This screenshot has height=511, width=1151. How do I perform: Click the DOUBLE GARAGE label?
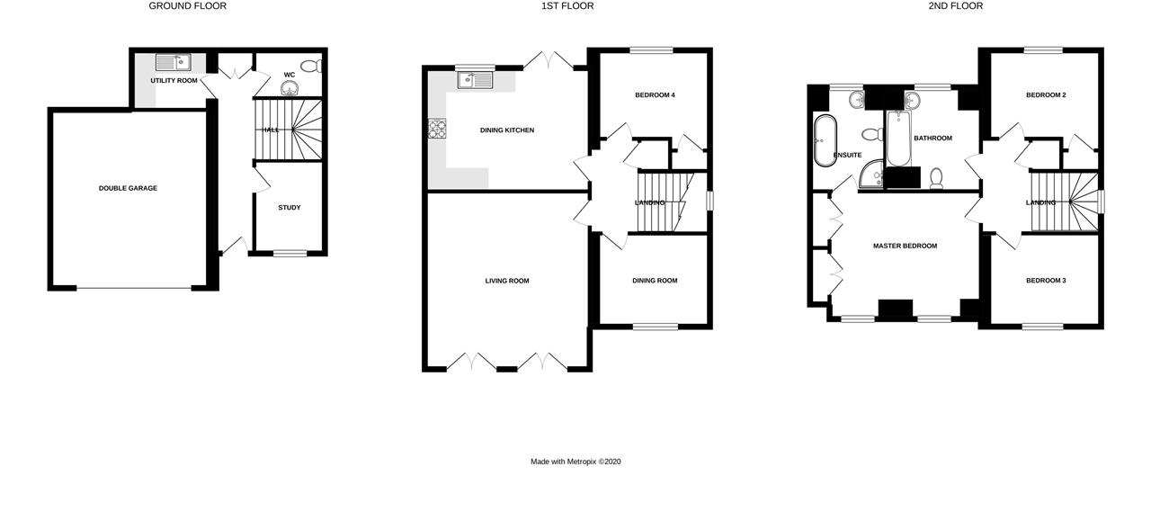[128, 188]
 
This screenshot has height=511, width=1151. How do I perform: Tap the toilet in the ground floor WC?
[311, 66]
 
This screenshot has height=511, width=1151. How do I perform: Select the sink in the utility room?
[172, 62]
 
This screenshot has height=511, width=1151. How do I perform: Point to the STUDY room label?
[289, 208]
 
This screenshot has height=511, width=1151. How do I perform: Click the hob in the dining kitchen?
[438, 130]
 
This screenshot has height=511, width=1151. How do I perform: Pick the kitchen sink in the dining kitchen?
[474, 80]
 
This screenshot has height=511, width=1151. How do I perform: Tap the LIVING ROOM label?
[507, 281]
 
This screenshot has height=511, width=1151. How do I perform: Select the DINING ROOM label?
[655, 281]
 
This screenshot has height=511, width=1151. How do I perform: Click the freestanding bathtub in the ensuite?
[823, 141]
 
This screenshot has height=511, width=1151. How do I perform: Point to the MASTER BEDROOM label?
[905, 246]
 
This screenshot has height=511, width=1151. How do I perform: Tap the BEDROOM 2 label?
[1046, 94]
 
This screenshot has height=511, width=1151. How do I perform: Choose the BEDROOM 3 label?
[1046, 281]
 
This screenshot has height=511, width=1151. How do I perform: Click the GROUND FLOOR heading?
[187, 6]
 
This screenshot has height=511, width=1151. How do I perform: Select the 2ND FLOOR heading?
[956, 6]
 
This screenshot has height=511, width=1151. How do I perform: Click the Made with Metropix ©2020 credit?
[575, 462]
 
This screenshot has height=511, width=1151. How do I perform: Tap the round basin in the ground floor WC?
[290, 87]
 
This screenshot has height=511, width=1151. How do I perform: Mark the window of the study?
[290, 253]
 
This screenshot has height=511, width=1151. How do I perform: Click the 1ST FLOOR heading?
[567, 6]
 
